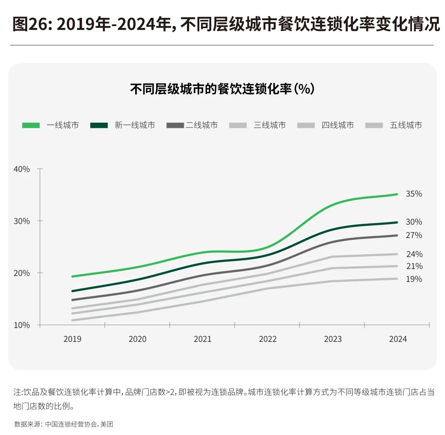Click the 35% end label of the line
[x=414, y=194]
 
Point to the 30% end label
[x=414, y=222]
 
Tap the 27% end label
[x=414, y=235]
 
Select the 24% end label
[x=414, y=254]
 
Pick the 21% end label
[x=414, y=266]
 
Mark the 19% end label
[x=414, y=279]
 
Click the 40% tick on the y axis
[x=21, y=169]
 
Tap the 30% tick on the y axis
[x=21, y=221]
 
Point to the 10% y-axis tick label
[x=21, y=325]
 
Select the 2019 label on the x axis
[x=72, y=339]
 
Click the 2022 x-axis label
[x=267, y=339]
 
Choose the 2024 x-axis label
[x=398, y=339]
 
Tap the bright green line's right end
[x=396, y=194]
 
